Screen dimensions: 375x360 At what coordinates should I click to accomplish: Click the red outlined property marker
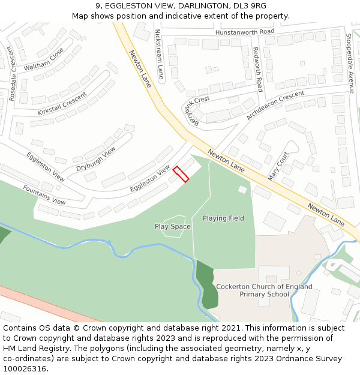[x=181, y=174]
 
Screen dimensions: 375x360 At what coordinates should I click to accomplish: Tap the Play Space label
[x=172, y=227]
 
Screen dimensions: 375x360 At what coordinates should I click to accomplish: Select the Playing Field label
[x=223, y=218]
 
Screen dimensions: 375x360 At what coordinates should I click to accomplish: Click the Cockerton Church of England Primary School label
[x=264, y=290]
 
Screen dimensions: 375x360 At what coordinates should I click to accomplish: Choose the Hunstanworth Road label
[x=245, y=31]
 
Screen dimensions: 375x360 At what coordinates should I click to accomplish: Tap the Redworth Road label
[x=258, y=69]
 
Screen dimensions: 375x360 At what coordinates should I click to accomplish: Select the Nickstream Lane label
[x=159, y=54]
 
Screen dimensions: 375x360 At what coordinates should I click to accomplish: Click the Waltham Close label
[x=44, y=59]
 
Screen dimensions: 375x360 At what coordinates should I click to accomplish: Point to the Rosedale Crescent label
[x=13, y=73]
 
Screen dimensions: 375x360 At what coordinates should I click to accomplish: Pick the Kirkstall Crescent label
[x=62, y=103]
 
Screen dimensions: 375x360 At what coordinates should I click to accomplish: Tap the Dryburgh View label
[x=95, y=160]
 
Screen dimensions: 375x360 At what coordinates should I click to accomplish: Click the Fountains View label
[x=44, y=194]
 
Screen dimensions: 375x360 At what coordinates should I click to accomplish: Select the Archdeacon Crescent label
[x=275, y=106]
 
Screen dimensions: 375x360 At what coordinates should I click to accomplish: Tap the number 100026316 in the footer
[x=25, y=368]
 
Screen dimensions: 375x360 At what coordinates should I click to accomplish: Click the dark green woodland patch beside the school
[x=208, y=285]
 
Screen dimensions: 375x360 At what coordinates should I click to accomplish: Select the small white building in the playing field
[x=242, y=190]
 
